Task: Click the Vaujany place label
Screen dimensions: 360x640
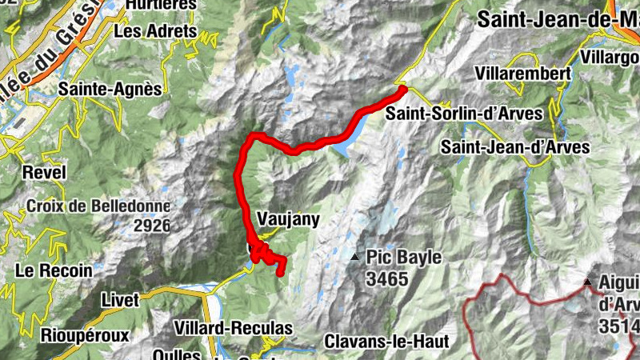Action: (289, 218)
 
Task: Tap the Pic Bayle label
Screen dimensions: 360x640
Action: (404, 258)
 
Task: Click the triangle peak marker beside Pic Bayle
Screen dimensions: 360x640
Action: (354, 257)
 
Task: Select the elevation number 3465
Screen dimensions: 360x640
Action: (387, 279)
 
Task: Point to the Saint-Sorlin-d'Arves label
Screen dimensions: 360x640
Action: (463, 114)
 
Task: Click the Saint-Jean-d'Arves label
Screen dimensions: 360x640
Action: (515, 147)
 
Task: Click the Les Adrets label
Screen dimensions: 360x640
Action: (156, 31)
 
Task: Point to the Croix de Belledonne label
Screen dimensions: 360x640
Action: (99, 206)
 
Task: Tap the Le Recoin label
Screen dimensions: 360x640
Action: (54, 271)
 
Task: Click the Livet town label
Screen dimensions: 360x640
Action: (120, 300)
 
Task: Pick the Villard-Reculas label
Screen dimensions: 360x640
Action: (233, 328)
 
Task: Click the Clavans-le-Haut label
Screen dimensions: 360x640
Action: (386, 341)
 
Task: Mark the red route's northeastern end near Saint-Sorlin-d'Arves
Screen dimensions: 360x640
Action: (403, 88)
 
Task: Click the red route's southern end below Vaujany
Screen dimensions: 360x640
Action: (282, 274)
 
